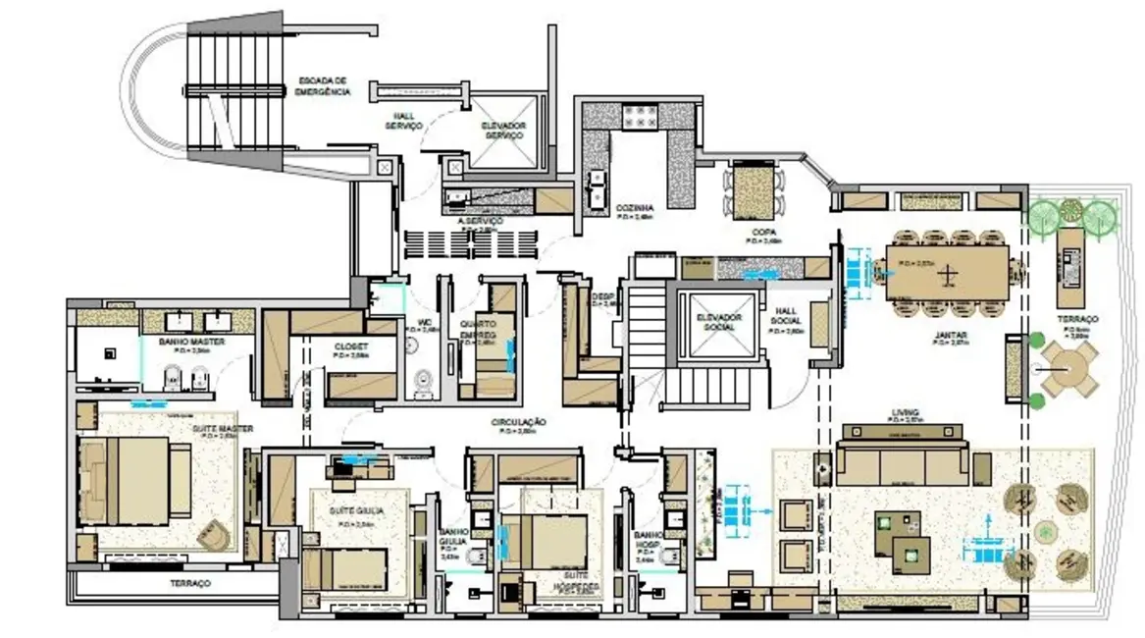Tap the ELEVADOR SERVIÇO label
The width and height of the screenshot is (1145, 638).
503,131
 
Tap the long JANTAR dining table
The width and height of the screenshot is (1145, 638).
947,272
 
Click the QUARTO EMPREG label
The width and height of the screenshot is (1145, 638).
480,333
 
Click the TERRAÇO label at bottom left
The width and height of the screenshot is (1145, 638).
190,583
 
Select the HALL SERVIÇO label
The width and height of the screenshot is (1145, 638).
402,121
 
